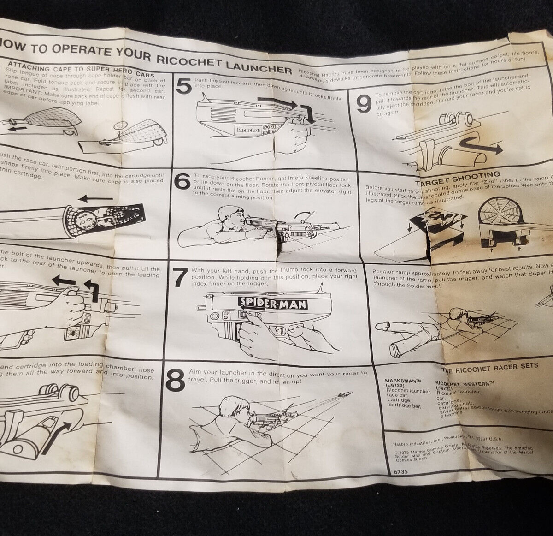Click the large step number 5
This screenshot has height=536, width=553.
(184, 86)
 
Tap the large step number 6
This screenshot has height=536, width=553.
(182, 182)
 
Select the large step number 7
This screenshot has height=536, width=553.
(180, 277)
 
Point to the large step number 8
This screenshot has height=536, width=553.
(175, 381)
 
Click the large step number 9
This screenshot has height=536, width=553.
(364, 106)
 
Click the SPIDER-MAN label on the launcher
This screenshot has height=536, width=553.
(273, 303)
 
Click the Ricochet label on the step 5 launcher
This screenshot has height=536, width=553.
(248, 131)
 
